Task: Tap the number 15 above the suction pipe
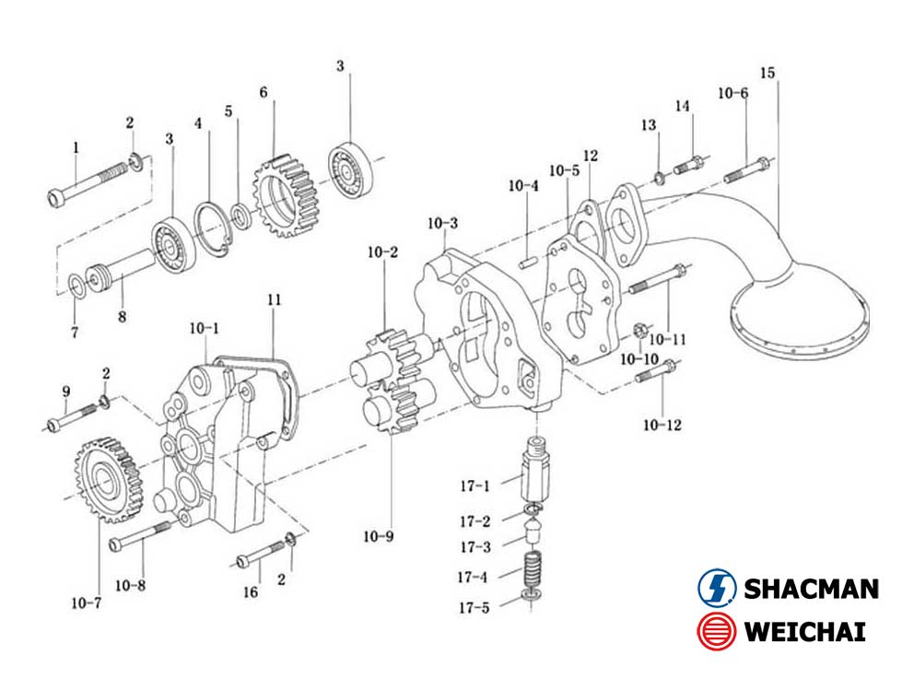pos(768,73)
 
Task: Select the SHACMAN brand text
pos(810,588)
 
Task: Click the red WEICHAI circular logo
pos(716,633)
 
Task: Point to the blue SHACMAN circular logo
pos(716,588)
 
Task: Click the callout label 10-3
pos(442,224)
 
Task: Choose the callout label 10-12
pos(662,425)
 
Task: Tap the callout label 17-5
pos(475,608)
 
